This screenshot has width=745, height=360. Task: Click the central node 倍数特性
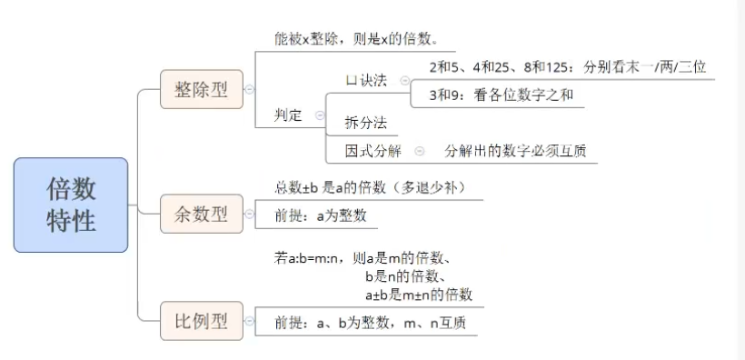(x=71, y=205)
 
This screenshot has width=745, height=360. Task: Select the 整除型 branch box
(x=201, y=89)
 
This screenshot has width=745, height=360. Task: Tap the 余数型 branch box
(x=201, y=215)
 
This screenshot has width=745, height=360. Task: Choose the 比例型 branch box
(x=201, y=321)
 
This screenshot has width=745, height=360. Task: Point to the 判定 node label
(x=289, y=115)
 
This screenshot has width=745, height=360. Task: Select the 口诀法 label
(x=366, y=80)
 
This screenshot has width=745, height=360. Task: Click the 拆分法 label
(x=365, y=123)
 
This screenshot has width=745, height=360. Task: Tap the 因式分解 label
(x=372, y=150)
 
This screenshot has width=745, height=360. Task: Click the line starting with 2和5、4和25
(x=568, y=66)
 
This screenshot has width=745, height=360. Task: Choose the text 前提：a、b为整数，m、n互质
(x=371, y=323)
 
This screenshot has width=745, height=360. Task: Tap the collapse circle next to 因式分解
(x=419, y=150)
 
